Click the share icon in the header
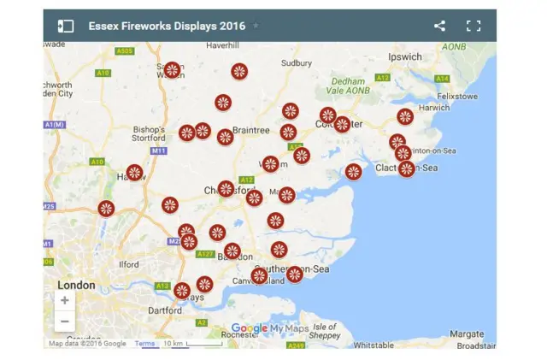439,26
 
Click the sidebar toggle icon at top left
66,27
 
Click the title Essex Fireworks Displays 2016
167,26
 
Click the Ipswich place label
405,57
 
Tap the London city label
77,285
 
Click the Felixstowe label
456,97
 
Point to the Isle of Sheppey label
325,331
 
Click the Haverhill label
221,44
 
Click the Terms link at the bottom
144,344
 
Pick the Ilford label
128,265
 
